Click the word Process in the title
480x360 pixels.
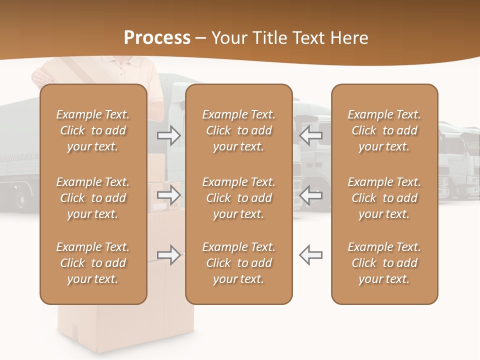coord(157,38)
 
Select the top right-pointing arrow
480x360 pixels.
coord(169,135)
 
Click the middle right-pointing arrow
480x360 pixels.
coord(169,195)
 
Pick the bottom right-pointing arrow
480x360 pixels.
coord(169,255)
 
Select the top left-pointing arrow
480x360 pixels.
coord(310,135)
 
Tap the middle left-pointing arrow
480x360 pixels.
coord(310,195)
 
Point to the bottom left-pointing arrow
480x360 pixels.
coord(310,255)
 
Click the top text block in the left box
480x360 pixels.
coord(93,130)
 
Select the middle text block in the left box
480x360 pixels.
coord(93,198)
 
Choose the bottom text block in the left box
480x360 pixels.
coord(93,263)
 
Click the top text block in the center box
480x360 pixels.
coord(238,130)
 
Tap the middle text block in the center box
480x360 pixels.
coord(238,198)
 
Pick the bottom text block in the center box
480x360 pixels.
coord(238,263)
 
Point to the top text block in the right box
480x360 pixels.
coord(384,130)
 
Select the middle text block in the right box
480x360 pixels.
coord(384,198)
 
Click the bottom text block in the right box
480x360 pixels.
coord(384,263)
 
